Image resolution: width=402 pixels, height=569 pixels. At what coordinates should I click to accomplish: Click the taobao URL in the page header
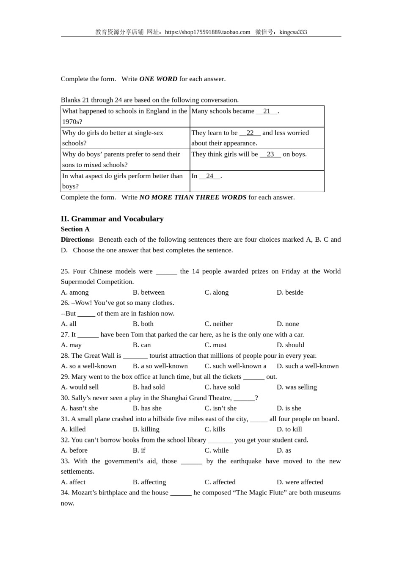click(x=207, y=32)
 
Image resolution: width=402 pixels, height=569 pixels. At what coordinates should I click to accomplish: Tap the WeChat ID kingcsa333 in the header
click(x=293, y=32)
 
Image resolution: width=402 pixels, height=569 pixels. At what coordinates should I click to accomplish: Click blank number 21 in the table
click(x=267, y=111)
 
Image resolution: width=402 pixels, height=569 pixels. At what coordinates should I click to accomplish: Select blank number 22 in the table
click(x=250, y=133)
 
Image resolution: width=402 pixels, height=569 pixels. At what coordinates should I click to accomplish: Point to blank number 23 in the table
click(x=270, y=155)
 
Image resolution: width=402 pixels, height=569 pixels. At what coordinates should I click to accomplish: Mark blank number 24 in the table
click(x=210, y=176)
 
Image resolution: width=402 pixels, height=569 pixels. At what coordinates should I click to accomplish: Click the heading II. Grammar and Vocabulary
click(x=112, y=219)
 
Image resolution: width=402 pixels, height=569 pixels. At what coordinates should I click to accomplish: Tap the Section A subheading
click(x=75, y=229)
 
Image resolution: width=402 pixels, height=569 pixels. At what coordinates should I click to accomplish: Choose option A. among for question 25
click(x=75, y=293)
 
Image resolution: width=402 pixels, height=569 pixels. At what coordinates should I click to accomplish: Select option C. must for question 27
click(x=216, y=345)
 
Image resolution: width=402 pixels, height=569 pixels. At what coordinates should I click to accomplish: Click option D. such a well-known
click(x=308, y=366)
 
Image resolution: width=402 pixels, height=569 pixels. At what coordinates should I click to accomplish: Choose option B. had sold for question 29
click(x=149, y=387)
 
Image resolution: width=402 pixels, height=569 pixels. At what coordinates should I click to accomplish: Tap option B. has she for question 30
click(x=147, y=409)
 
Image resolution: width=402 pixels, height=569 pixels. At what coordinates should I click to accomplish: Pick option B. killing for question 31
click(x=146, y=429)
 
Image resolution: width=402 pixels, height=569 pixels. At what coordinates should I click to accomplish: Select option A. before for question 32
click(x=74, y=450)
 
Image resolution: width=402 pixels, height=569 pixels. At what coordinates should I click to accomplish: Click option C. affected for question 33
click(x=220, y=482)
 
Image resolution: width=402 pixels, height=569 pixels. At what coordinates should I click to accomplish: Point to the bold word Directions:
click(x=77, y=240)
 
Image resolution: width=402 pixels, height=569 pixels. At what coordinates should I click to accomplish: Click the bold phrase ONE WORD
click(x=158, y=79)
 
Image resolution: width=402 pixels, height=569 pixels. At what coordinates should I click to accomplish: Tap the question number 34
click(x=65, y=493)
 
